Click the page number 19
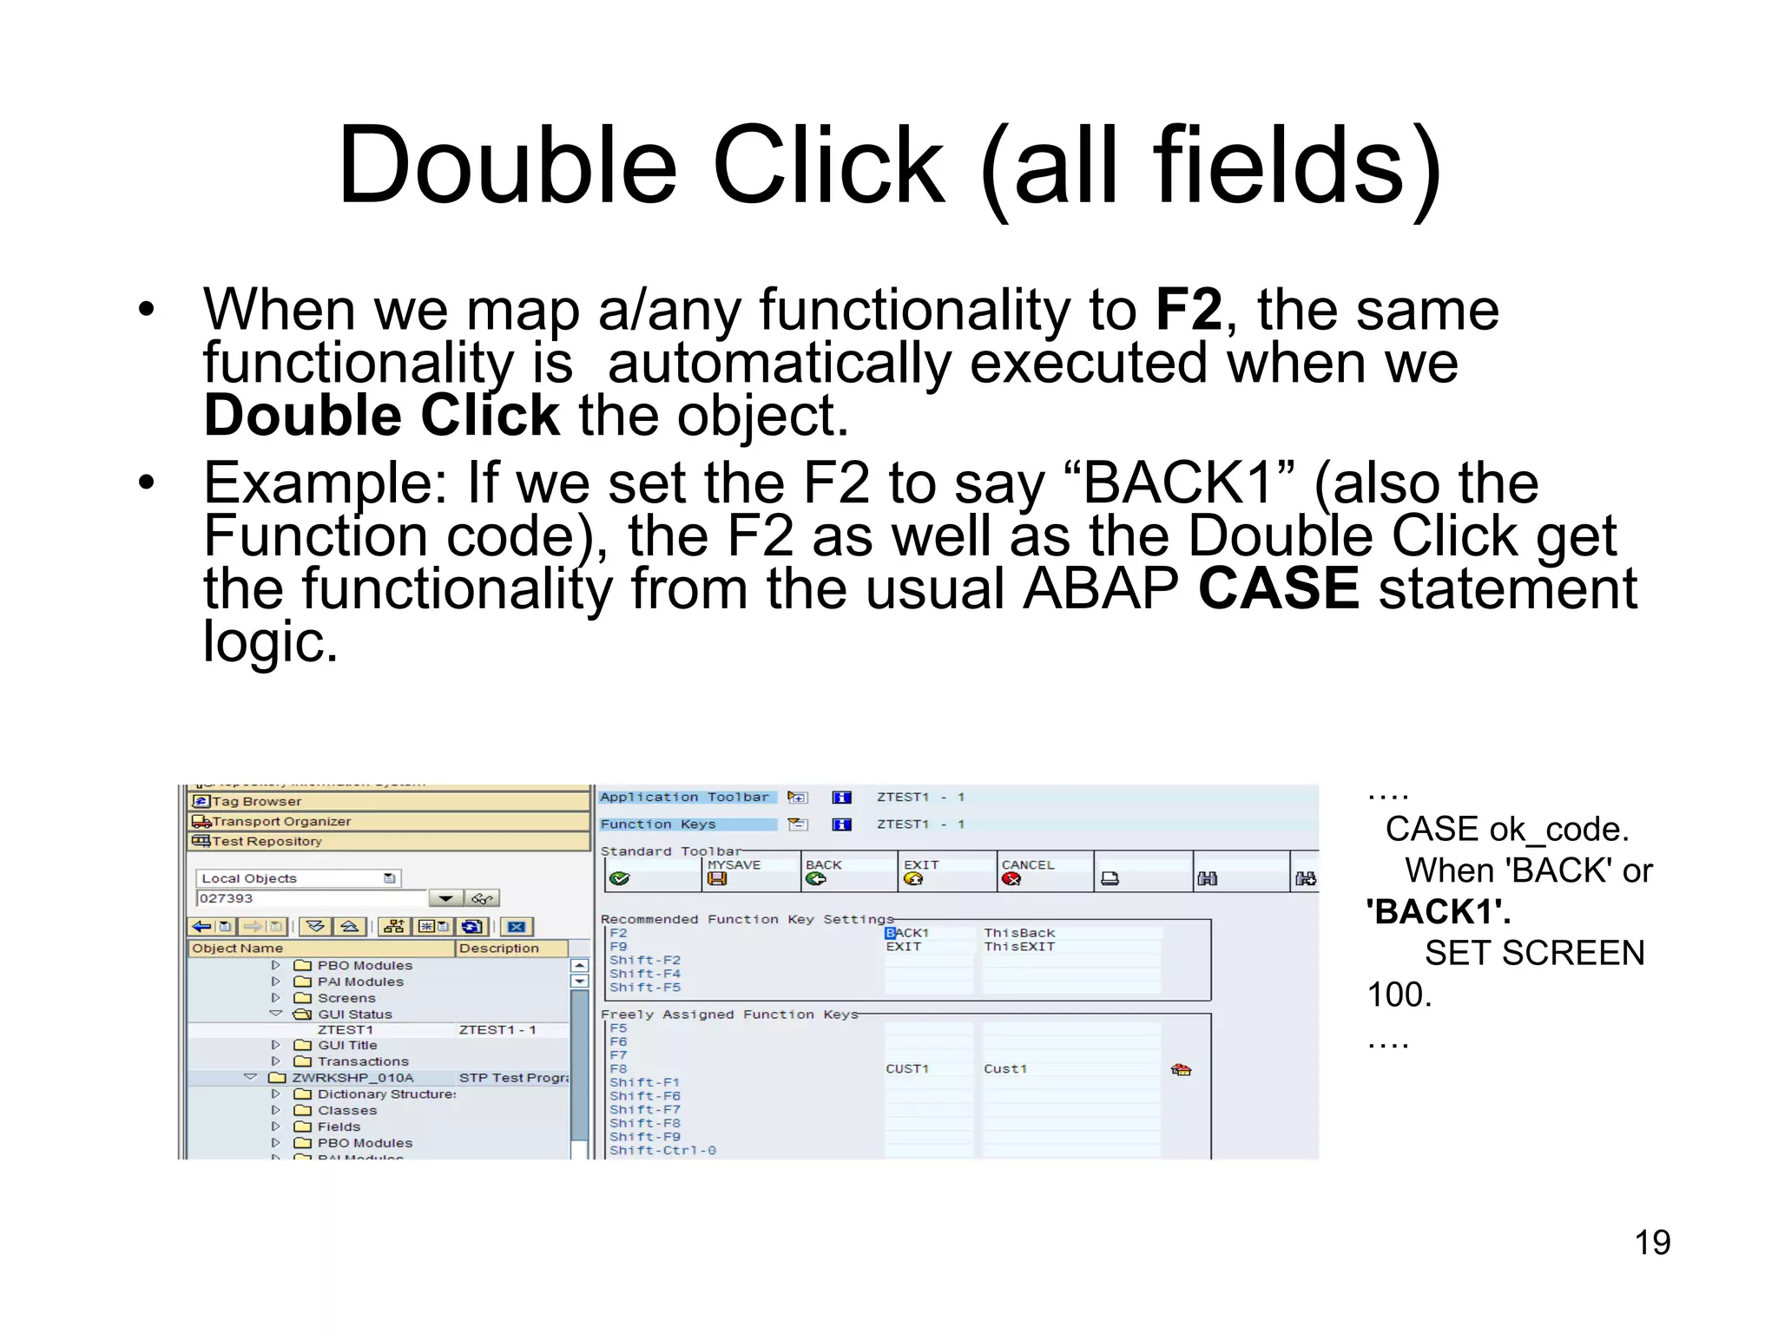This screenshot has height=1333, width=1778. point(1651,1243)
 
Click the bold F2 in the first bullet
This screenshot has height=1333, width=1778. point(1189,310)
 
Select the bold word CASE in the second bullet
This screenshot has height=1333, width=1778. point(1278,589)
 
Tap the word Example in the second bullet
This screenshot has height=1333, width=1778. point(316,483)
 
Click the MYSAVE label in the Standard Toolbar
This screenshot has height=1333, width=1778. point(734,865)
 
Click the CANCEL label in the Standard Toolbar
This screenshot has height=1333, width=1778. point(1028,865)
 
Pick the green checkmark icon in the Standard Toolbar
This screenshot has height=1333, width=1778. point(619,879)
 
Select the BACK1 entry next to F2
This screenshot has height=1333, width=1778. point(907,933)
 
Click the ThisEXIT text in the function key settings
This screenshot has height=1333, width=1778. point(1019,947)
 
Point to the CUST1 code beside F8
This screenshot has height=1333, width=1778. point(907,1069)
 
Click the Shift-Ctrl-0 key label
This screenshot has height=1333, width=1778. point(662,1151)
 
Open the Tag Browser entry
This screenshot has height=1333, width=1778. point(257,802)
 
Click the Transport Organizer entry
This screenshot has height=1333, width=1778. point(281,822)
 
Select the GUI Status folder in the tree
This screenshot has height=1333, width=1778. point(354,1015)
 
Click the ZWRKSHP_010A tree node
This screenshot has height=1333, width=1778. point(352,1078)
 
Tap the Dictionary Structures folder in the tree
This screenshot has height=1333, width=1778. point(385,1094)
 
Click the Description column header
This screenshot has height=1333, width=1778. point(499,949)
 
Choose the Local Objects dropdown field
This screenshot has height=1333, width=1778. point(295,878)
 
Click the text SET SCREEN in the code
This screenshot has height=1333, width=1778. point(1534,954)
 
